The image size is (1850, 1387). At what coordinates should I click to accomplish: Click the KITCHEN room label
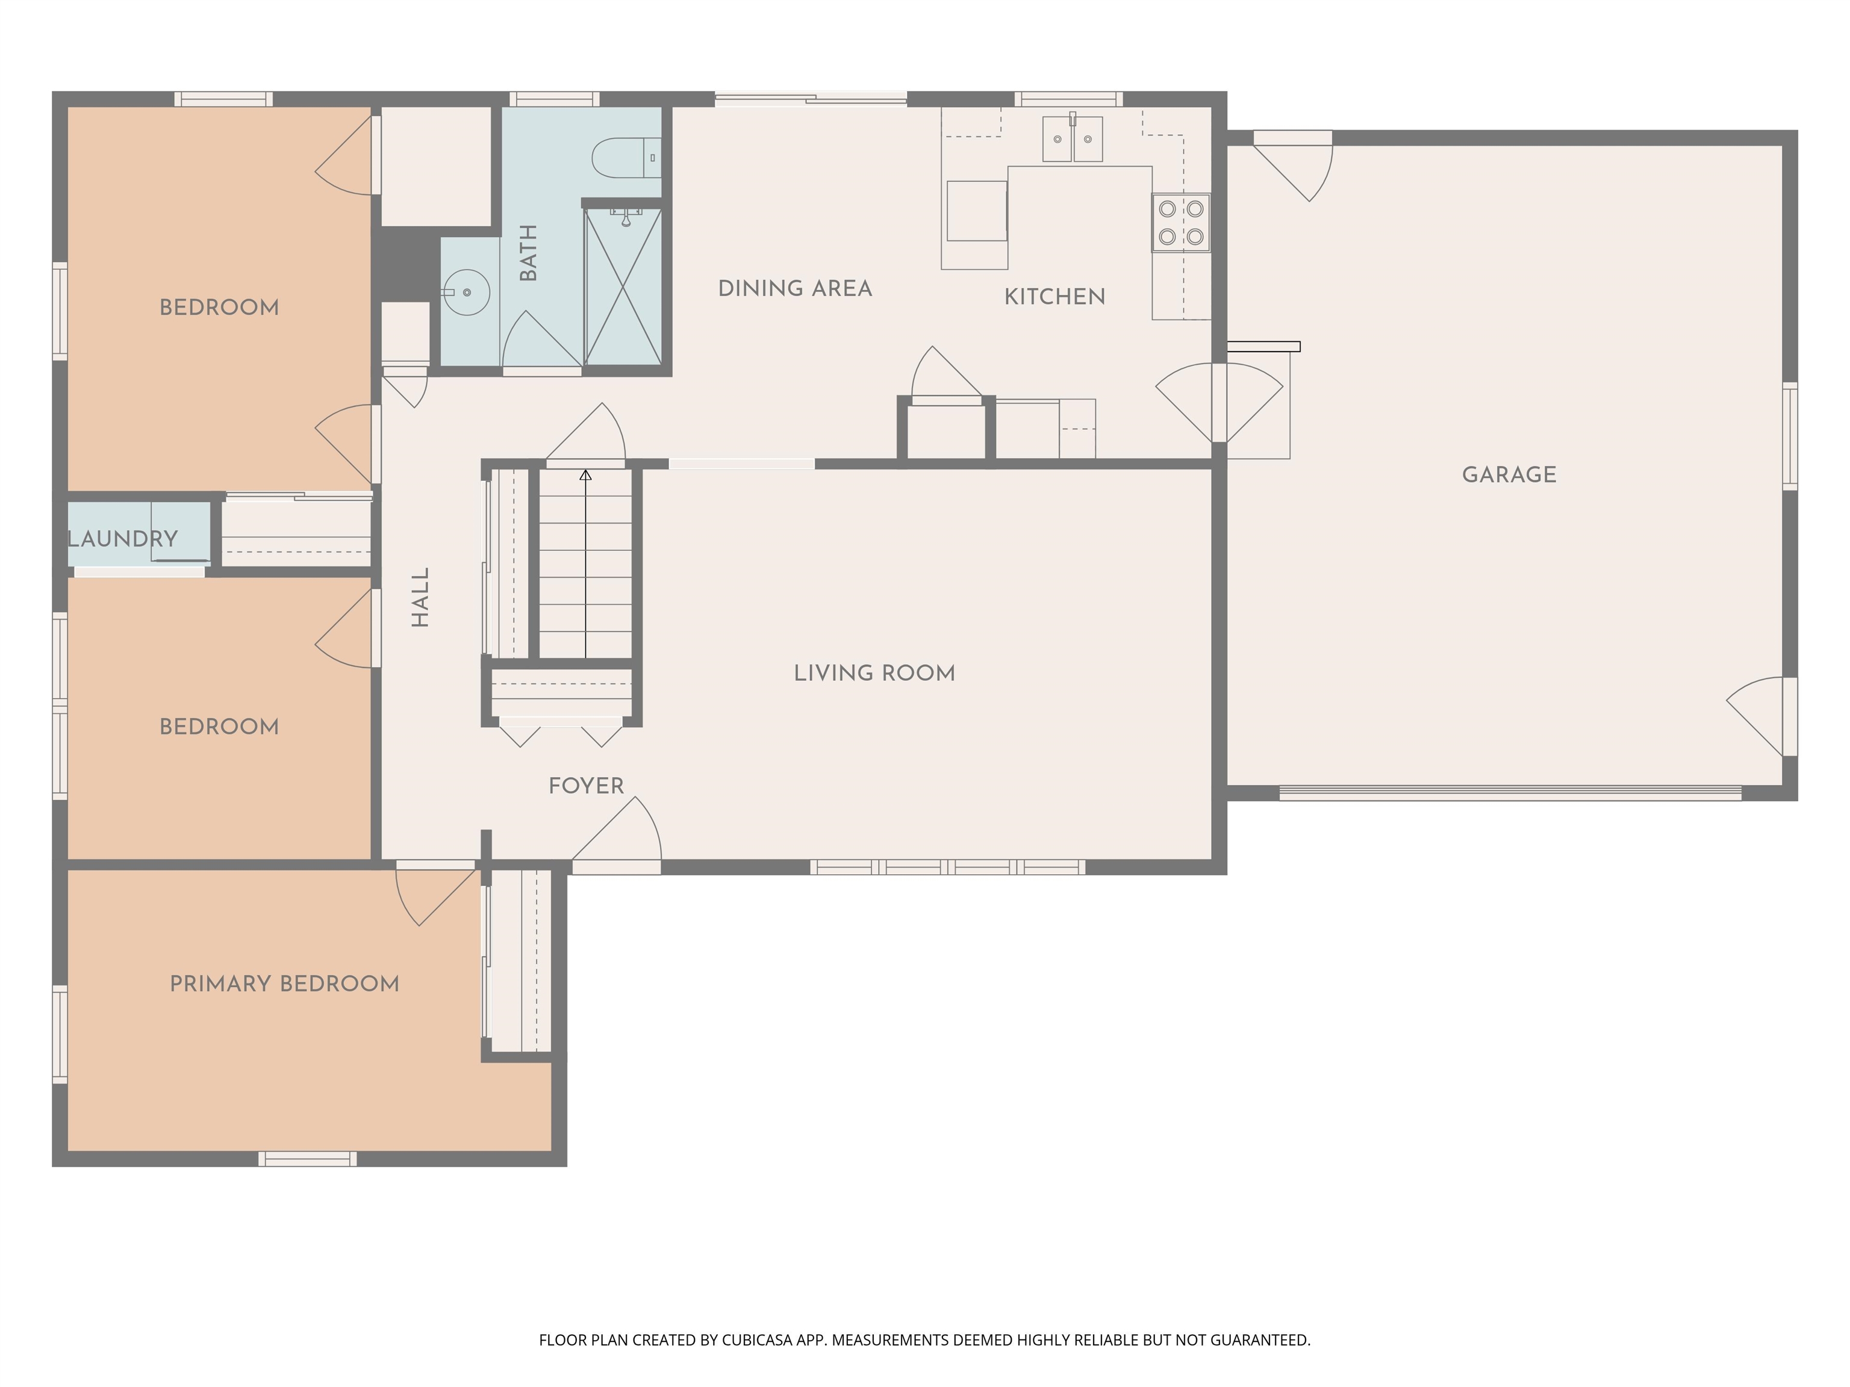[x=1054, y=297]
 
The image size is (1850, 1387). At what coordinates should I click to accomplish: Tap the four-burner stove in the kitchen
[x=1181, y=222]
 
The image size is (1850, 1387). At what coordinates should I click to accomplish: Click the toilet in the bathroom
[x=623, y=157]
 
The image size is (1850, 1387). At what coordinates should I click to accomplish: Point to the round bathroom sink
[x=466, y=293]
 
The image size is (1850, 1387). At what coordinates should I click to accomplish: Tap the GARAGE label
[x=1509, y=475]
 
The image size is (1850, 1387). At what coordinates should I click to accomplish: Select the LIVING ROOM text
[x=874, y=673]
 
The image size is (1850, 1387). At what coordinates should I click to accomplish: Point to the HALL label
[x=421, y=597]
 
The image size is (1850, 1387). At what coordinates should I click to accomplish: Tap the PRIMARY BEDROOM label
[x=284, y=984]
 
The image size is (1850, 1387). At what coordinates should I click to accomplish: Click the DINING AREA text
[x=794, y=288]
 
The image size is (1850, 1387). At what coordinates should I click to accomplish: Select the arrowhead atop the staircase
[x=585, y=475]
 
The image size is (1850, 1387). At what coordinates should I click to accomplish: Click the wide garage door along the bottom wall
[x=1510, y=793]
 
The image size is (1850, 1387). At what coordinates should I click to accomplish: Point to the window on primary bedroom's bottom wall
[x=307, y=1159]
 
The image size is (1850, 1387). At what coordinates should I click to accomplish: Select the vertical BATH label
[x=529, y=252]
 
